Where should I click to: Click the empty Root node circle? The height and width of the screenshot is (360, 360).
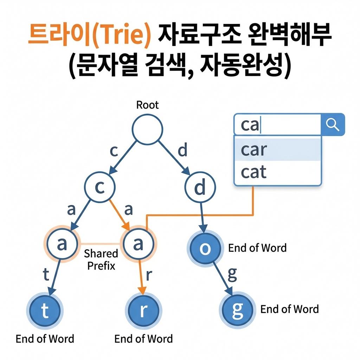[147, 129]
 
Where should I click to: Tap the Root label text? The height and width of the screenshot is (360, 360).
[147, 105]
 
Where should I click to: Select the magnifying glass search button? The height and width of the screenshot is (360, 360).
[333, 124]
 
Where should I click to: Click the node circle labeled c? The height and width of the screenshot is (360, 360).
[100, 188]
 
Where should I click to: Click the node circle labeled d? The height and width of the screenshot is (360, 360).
[200, 188]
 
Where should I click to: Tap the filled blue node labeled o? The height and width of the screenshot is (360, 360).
[206, 248]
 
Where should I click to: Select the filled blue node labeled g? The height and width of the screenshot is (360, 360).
[238, 309]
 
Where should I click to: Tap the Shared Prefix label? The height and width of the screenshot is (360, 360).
[101, 259]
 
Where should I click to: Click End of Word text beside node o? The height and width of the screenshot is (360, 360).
[257, 248]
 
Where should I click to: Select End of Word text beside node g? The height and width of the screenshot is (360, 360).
[289, 309]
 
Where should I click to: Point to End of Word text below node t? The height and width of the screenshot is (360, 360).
[45, 339]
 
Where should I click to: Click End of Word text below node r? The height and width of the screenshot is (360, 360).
[143, 339]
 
